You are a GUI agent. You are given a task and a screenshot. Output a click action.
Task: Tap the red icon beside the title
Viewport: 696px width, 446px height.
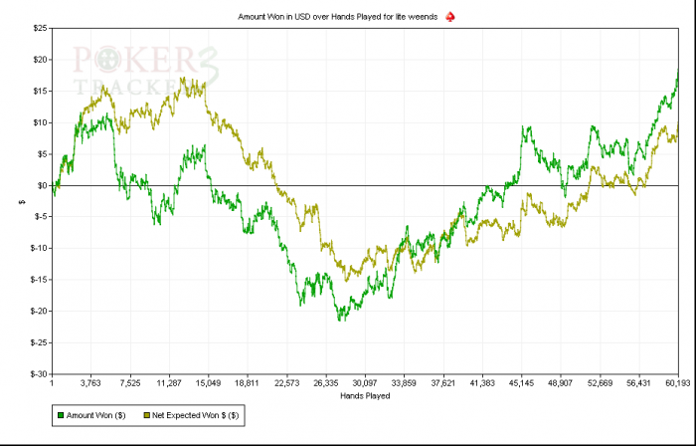449,17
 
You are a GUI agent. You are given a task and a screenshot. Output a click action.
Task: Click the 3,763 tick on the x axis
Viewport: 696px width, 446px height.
90,382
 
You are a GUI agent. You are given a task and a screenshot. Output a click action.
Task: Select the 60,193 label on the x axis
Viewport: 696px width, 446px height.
678,382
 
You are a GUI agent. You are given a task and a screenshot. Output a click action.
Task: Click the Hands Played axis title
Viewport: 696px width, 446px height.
364,395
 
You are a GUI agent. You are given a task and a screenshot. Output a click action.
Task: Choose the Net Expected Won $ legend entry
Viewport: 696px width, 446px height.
198,413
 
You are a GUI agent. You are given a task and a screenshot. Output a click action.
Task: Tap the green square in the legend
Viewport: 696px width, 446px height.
60,413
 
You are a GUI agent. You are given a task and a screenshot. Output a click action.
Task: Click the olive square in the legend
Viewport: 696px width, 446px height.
148,413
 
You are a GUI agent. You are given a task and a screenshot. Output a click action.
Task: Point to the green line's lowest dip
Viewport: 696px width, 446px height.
339,321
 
